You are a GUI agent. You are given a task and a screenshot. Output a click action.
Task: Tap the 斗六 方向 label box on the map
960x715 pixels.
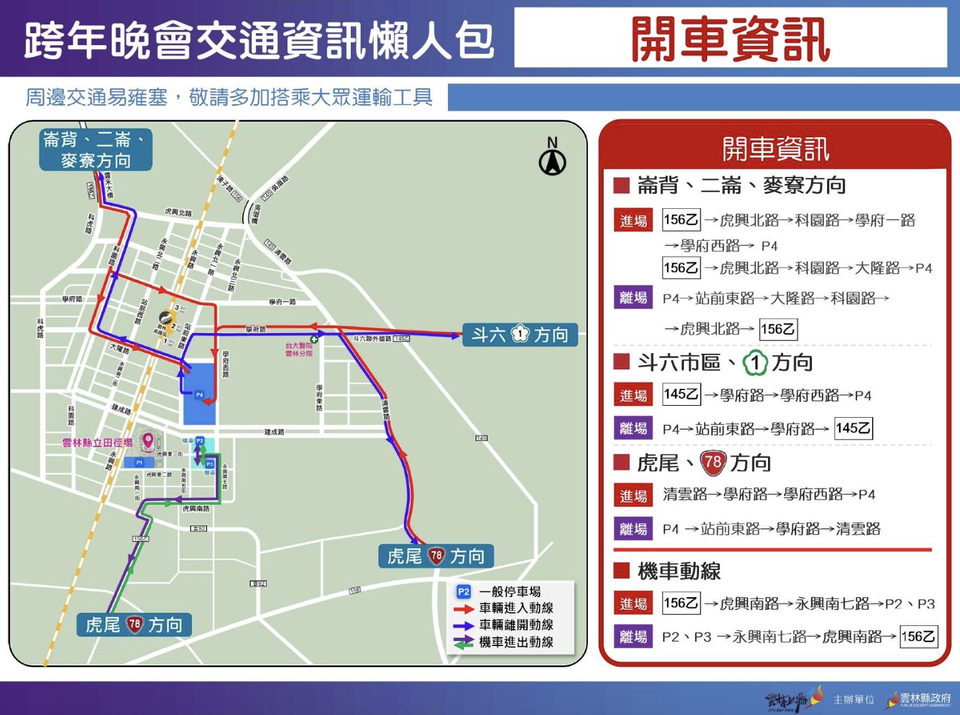point(520,335)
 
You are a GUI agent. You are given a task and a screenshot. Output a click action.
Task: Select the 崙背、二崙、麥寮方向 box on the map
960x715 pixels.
point(95,150)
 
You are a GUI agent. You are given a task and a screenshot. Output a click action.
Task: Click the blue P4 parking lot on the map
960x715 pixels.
point(200,394)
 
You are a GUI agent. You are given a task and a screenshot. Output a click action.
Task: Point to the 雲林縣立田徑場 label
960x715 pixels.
point(97,443)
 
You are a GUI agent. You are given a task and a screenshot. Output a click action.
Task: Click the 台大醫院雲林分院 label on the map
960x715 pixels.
point(299,349)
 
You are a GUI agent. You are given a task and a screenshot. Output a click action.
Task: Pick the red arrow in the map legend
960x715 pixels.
point(464,608)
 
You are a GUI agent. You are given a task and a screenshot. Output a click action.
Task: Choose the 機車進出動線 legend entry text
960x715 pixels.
point(516,642)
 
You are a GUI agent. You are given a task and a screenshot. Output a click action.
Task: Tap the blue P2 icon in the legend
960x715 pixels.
point(464,591)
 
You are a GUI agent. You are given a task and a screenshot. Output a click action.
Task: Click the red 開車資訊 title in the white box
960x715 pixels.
point(730,39)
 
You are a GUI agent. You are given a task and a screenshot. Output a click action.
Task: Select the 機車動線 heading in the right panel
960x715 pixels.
point(679,571)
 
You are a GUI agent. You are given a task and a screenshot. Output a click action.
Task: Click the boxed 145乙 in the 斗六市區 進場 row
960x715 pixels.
point(681,395)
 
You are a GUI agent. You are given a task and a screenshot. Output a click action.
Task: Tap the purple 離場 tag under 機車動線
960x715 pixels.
point(633,637)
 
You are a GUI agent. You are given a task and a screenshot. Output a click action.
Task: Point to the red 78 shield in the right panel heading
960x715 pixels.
point(713,463)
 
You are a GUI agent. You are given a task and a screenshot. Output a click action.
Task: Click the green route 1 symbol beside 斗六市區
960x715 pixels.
point(755,363)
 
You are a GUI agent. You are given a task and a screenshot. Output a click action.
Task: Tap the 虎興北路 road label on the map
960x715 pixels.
point(178,213)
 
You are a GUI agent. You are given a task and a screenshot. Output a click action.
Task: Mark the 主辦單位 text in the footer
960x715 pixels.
point(853,700)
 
